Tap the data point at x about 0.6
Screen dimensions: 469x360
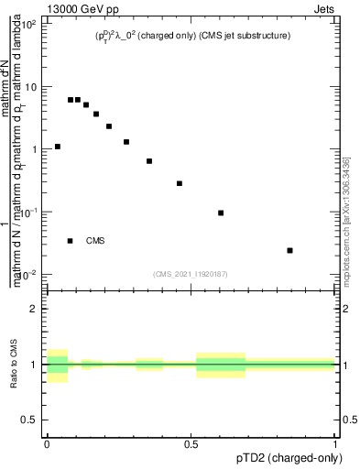coord(221,213)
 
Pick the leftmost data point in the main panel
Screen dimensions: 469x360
coord(58,147)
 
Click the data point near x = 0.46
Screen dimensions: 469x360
coord(180,183)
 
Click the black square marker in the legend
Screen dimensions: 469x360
coord(71,241)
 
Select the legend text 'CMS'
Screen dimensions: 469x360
coord(95,241)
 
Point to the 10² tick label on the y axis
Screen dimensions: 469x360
coord(29,25)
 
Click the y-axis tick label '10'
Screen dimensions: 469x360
coord(31,87)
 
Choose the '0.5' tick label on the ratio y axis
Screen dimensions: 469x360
coord(29,420)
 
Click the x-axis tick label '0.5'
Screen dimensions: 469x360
coord(191,445)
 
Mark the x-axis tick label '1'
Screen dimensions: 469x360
coord(336,445)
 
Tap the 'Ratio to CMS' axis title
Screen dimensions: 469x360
coord(12,364)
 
